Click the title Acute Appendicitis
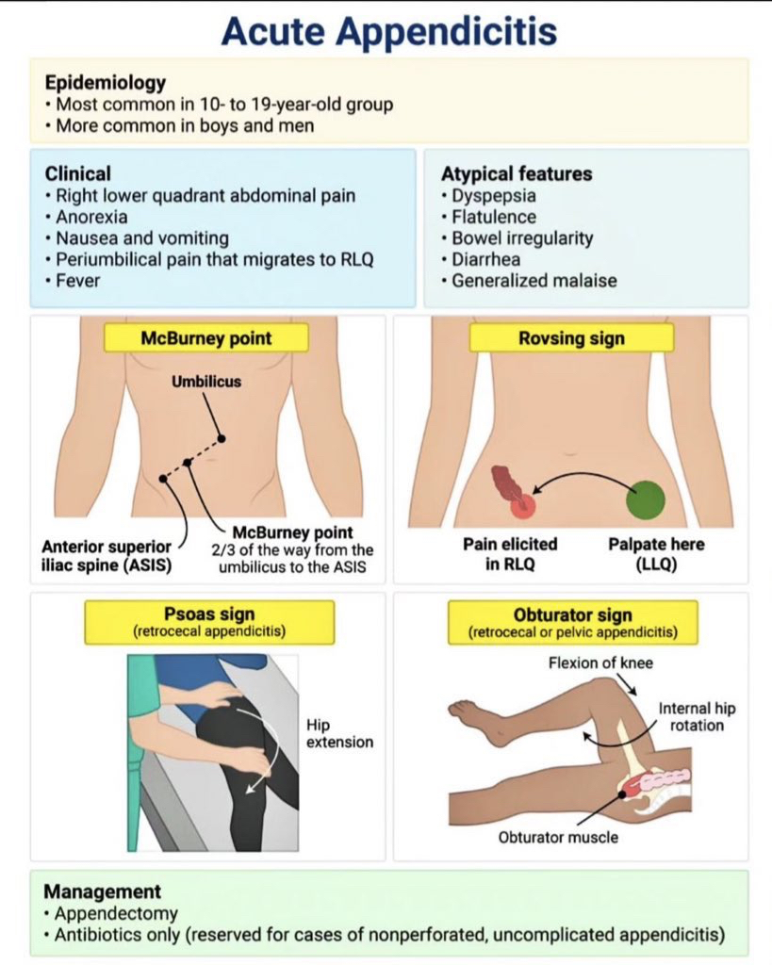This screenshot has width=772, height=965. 388,30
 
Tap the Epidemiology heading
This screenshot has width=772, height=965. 105,82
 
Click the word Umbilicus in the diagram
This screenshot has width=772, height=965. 205,383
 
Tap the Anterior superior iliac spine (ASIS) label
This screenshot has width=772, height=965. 107,555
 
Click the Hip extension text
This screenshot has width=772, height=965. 339,733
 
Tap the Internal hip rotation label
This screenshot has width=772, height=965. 691,716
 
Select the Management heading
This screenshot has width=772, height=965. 103,891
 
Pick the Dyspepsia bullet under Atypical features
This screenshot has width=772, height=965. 494,197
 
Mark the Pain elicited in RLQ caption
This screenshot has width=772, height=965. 509,554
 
